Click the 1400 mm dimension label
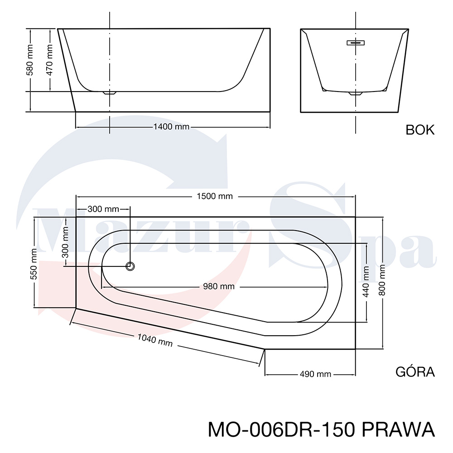click(171, 126)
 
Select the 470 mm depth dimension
click(49, 60)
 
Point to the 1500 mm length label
click(215, 196)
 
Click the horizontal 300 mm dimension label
click(103, 209)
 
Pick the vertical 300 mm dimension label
click(65, 242)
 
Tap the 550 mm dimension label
click(34, 264)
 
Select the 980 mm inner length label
click(219, 286)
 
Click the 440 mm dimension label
click(366, 282)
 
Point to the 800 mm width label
click(382, 280)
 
